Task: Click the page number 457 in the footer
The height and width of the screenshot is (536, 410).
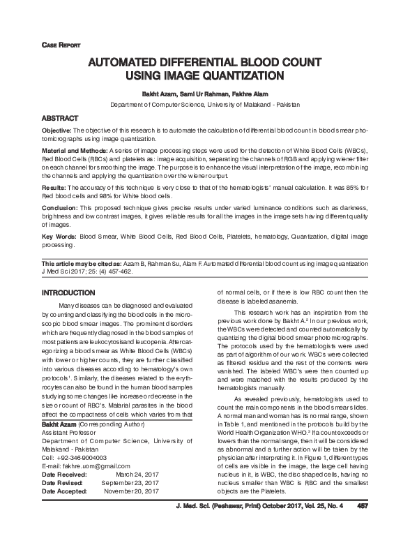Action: (363, 525)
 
